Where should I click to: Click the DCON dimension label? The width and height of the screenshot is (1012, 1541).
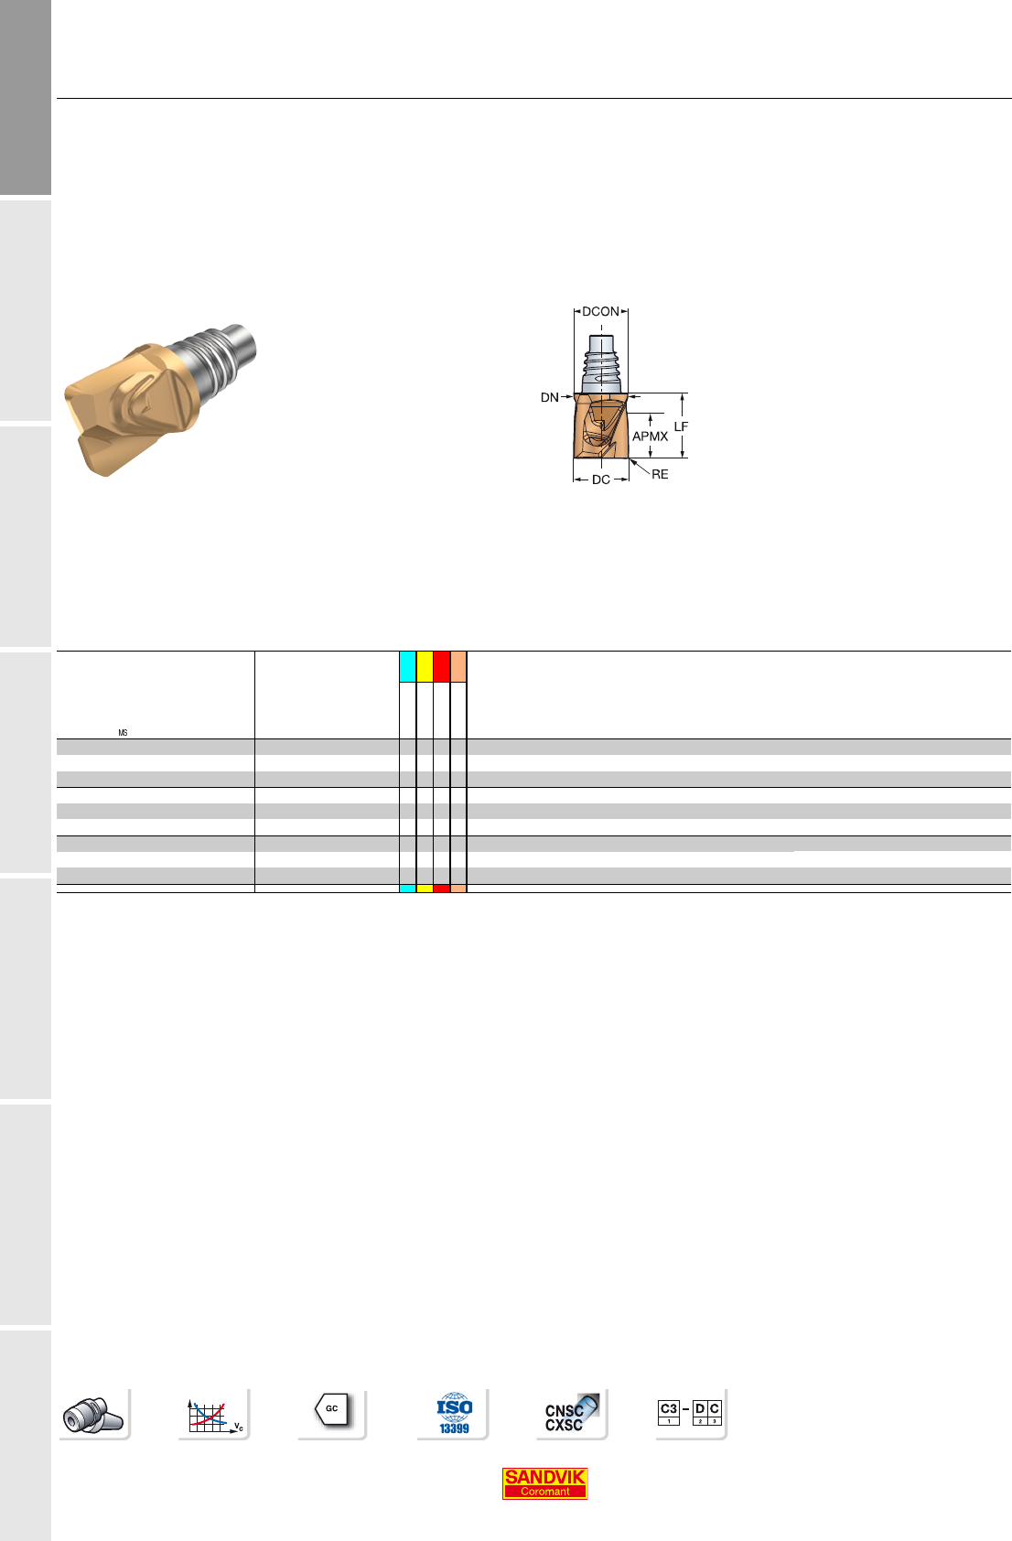(600, 312)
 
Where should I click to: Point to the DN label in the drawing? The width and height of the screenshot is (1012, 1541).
(549, 398)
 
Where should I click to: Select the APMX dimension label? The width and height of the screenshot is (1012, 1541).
(651, 436)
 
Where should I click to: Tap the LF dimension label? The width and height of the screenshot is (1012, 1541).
(681, 426)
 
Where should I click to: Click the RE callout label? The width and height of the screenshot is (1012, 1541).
(660, 474)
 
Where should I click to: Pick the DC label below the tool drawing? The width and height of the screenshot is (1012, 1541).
(600, 480)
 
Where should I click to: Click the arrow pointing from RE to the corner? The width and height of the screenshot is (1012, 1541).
(640, 467)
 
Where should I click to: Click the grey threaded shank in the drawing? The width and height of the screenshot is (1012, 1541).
(601, 364)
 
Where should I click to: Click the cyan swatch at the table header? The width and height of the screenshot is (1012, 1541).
(408, 666)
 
